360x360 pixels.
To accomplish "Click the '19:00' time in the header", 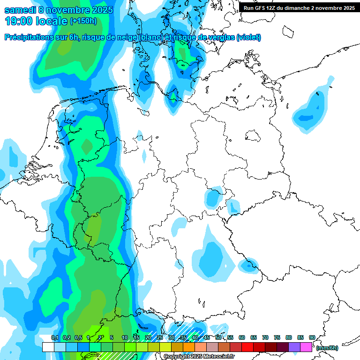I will pos(18,21).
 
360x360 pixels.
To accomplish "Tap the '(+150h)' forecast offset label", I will pos(83,21).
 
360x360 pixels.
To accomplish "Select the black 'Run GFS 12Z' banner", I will pos(299,7).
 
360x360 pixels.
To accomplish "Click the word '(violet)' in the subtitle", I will pos(249,37).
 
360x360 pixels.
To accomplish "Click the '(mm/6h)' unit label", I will pos(327,348).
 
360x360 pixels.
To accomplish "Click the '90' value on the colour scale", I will pos(312,337).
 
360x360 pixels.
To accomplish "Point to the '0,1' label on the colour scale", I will pos(54,337).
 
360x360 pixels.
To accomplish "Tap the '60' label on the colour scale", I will pos(241,337).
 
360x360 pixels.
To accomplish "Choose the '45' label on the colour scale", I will pos(206,337).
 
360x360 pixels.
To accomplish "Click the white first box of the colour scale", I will pos(48,347).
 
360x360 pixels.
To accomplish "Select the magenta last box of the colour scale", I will pos(306,347).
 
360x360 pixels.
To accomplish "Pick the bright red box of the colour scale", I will pos(247,347).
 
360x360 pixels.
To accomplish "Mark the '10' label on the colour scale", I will pos(125,337).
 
